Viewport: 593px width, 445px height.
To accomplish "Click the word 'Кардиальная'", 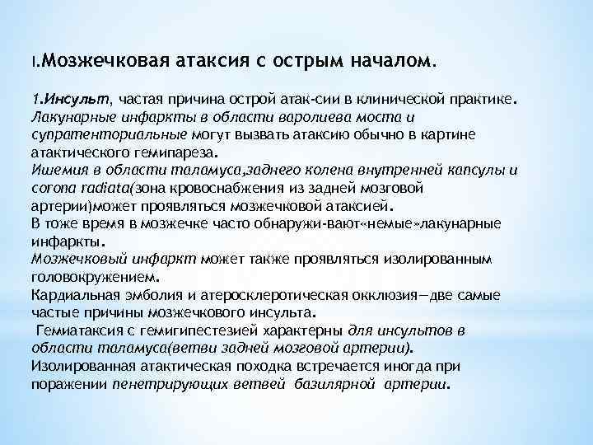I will click(72, 295).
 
